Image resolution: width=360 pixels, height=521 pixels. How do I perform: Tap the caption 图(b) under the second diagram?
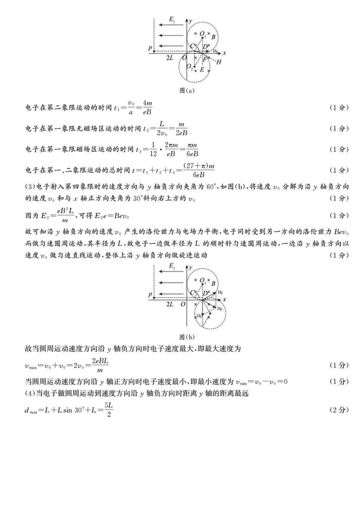[187, 336]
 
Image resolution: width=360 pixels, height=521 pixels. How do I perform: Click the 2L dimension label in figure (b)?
[170, 304]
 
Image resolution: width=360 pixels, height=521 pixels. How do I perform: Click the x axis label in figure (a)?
[224, 53]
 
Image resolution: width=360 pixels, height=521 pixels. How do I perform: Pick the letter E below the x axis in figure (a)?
[202, 70]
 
